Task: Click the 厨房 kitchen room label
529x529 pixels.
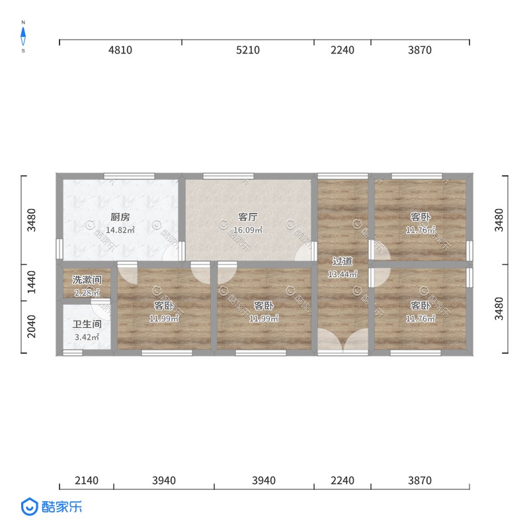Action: coord(120,217)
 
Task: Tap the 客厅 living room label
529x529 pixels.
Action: coord(247,217)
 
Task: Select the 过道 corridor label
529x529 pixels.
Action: coord(343,261)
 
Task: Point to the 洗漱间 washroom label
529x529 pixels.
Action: coord(87,280)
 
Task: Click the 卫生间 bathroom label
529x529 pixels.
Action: coord(87,324)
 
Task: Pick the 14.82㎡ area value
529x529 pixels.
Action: coord(120,230)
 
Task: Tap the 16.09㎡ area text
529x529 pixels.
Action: coord(247,230)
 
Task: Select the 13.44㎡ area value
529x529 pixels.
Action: coord(343,274)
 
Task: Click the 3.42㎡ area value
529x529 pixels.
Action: coord(87,337)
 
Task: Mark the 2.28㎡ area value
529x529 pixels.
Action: coord(87,293)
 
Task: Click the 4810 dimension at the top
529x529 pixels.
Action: coord(120,50)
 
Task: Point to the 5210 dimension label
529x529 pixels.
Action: coord(247,50)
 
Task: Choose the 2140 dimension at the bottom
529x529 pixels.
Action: coord(87,481)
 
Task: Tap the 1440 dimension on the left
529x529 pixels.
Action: coord(31,282)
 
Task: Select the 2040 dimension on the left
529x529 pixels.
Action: coord(31,327)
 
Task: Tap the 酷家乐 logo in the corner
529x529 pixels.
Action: coord(52,507)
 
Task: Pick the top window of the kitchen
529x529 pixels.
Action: coord(129,176)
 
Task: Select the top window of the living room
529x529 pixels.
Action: coord(228,176)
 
